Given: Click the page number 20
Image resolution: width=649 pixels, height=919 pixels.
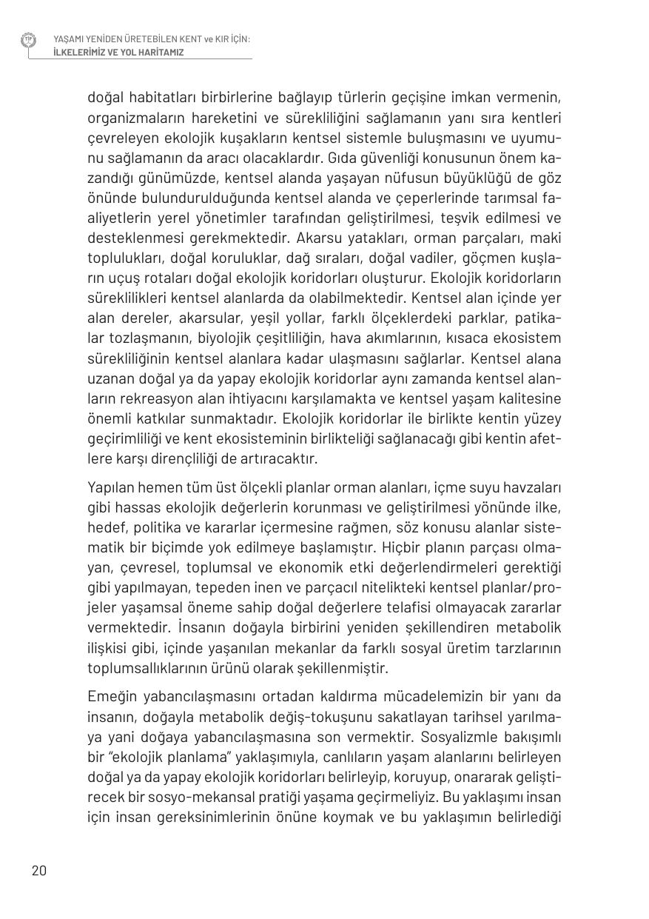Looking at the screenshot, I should click(38, 870).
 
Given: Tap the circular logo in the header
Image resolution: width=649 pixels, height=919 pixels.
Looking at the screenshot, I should click(28, 40).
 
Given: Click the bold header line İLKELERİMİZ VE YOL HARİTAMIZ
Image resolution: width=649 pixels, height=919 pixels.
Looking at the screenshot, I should click(118, 53).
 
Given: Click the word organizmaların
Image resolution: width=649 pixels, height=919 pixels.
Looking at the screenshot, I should click(132, 118).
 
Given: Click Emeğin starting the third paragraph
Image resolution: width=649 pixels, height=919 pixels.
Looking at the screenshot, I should click(111, 697).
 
